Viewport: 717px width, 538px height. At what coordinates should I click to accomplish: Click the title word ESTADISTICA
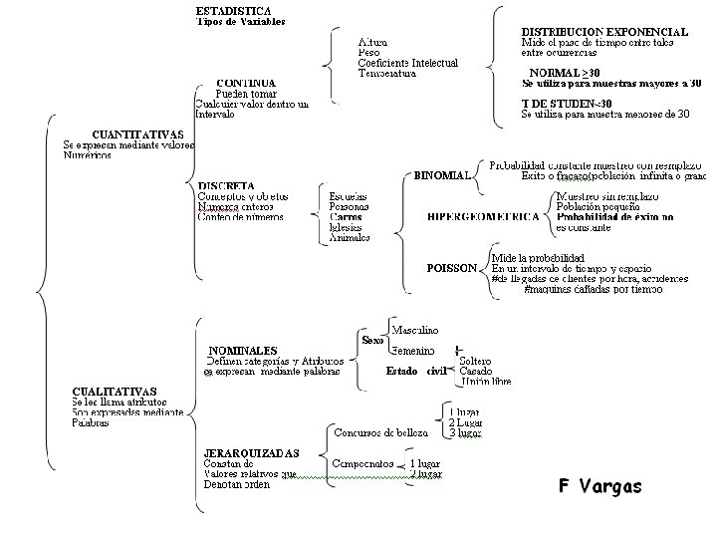pyautogui.click(x=236, y=10)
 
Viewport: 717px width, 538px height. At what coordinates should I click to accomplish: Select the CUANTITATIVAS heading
pyautogui.click(x=137, y=134)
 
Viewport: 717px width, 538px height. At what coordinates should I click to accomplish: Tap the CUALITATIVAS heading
pyautogui.click(x=115, y=392)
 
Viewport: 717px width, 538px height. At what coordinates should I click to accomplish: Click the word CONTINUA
pyautogui.click(x=246, y=83)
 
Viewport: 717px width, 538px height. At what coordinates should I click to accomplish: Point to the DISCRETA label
pyautogui.click(x=226, y=185)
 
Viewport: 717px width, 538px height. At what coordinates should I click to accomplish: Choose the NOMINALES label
pyautogui.click(x=242, y=350)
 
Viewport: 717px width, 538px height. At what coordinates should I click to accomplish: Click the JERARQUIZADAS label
pyautogui.click(x=251, y=452)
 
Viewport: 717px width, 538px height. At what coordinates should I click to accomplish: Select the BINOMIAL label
pyautogui.click(x=442, y=176)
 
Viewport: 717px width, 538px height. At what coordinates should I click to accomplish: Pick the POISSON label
pyautogui.click(x=451, y=268)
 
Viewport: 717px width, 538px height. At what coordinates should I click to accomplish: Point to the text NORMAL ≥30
pyautogui.click(x=565, y=73)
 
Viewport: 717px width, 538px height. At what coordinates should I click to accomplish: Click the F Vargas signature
pyautogui.click(x=599, y=486)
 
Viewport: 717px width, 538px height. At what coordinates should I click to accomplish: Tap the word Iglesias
pyautogui.click(x=348, y=226)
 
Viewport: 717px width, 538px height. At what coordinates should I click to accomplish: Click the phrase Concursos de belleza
pyautogui.click(x=380, y=433)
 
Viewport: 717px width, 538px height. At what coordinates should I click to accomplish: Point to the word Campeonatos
pyautogui.click(x=360, y=464)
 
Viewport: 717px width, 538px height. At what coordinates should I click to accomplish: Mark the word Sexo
pyautogui.click(x=372, y=340)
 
